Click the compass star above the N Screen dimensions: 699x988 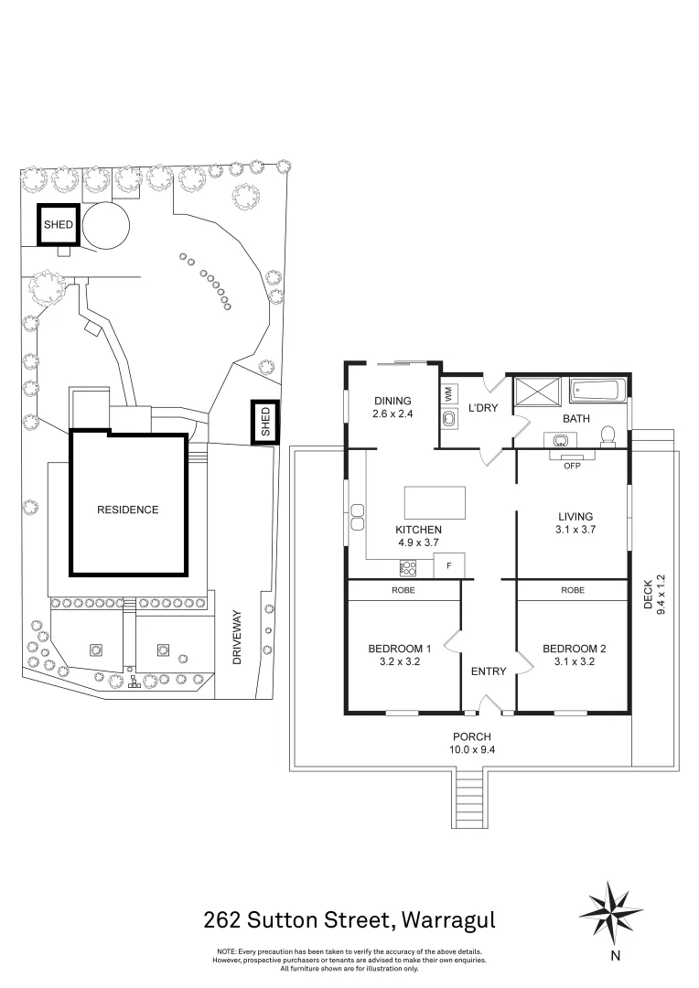[610, 912]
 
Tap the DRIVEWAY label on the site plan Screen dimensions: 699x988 [237, 637]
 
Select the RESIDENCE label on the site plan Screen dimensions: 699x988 [128, 510]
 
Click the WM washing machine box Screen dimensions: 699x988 [449, 396]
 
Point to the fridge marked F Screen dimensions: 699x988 [449, 564]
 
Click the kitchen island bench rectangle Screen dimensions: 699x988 [435, 501]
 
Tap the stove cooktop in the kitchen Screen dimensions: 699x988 [407, 568]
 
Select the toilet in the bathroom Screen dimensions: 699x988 [608, 436]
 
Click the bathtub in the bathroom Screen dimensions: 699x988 [597, 391]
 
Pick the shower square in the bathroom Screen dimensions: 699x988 [537, 391]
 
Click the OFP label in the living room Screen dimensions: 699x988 [573, 466]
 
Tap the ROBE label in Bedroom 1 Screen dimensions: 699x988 [403, 590]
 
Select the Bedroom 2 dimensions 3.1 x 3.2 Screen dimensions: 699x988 [575, 661]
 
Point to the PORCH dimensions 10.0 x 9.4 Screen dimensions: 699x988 [471, 750]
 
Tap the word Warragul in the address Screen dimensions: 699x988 [448, 920]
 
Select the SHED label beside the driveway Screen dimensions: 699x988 [265, 422]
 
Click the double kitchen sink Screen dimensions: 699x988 [358, 517]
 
